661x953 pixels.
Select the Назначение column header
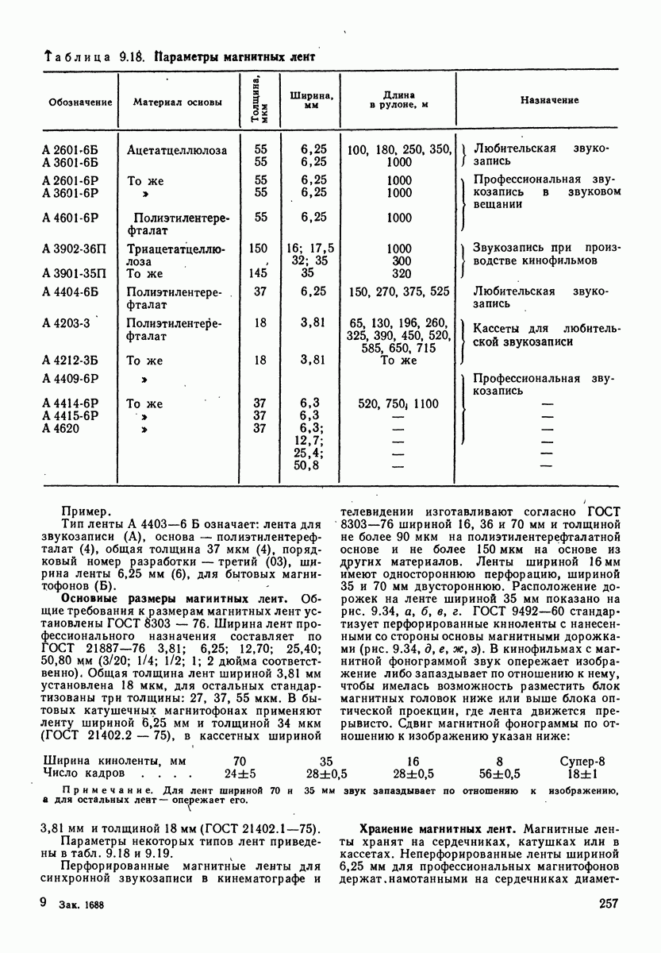549,101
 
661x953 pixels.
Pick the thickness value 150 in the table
258,249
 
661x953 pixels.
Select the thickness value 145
258,274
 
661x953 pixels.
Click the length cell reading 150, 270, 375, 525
398,291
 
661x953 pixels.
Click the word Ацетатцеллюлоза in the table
177,149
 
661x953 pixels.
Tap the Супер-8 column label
582,760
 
